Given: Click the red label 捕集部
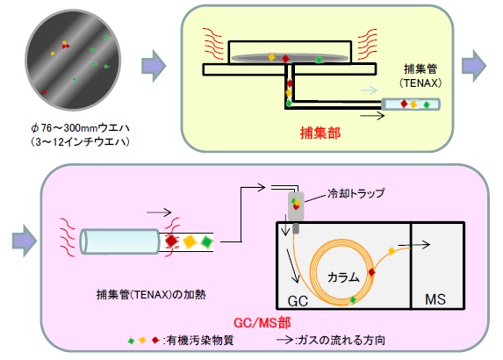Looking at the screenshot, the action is pyautogui.click(x=320, y=133).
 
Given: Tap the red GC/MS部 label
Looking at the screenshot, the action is pyautogui.click(x=262, y=322).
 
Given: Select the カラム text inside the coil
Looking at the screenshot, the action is pyautogui.click(x=343, y=277).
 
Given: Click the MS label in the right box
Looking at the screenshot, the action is pyautogui.click(x=435, y=299).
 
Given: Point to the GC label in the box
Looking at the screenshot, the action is pyautogui.click(x=298, y=301).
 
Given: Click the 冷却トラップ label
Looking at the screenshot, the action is pyautogui.click(x=356, y=193).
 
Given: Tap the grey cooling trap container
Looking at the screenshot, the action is pyautogui.click(x=296, y=206).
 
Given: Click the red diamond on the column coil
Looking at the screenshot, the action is pyautogui.click(x=371, y=272).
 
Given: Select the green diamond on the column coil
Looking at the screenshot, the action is pyautogui.click(x=353, y=299).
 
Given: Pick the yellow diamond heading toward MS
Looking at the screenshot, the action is pyautogui.click(x=392, y=251).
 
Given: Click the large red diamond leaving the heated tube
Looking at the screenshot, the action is pyautogui.click(x=171, y=241).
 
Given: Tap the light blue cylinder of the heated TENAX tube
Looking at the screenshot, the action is pyautogui.click(x=119, y=241).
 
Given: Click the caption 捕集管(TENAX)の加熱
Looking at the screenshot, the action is pyautogui.click(x=151, y=294).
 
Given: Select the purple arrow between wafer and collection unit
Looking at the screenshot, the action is pyautogui.click(x=154, y=66).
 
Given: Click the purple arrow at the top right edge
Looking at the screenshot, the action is pyautogui.click(x=474, y=66).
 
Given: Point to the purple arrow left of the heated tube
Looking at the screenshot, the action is pyautogui.click(x=25, y=241).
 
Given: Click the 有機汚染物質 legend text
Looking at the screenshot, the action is pyautogui.click(x=200, y=340).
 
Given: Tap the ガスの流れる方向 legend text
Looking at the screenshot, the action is pyautogui.click(x=341, y=340).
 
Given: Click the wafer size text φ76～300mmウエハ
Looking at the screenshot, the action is pyautogui.click(x=80, y=128).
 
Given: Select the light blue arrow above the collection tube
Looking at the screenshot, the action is pyautogui.click(x=369, y=90).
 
